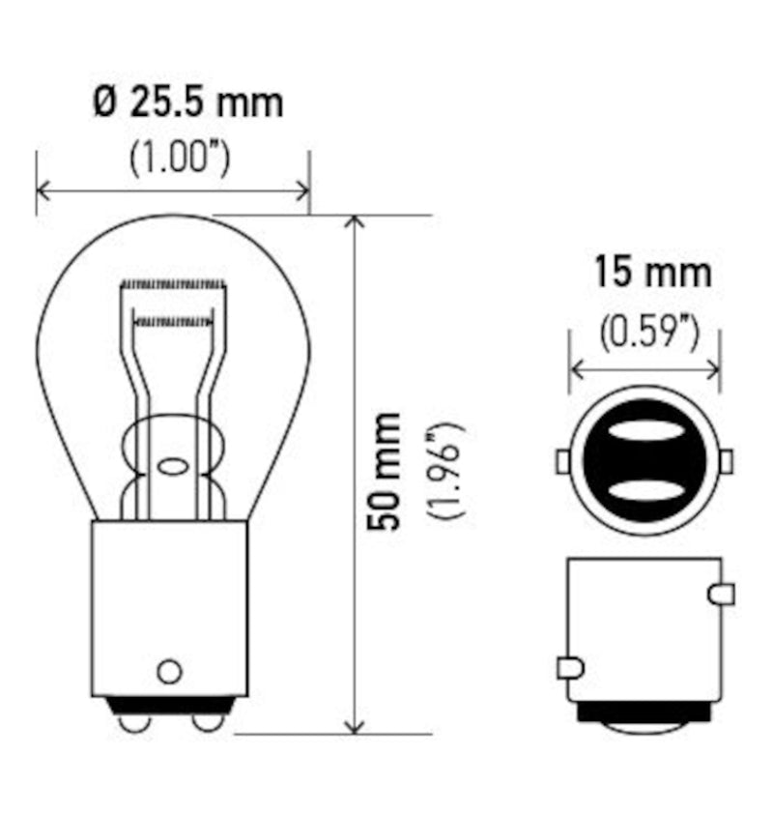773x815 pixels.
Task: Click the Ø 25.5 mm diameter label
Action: coord(188,102)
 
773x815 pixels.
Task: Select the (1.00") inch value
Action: coord(180,157)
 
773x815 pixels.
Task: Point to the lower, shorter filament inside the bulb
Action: coord(173,318)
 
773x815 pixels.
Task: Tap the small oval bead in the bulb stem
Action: coord(174,467)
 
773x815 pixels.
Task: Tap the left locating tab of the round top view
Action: coord(561,462)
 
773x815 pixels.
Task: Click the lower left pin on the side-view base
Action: coord(569,667)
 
